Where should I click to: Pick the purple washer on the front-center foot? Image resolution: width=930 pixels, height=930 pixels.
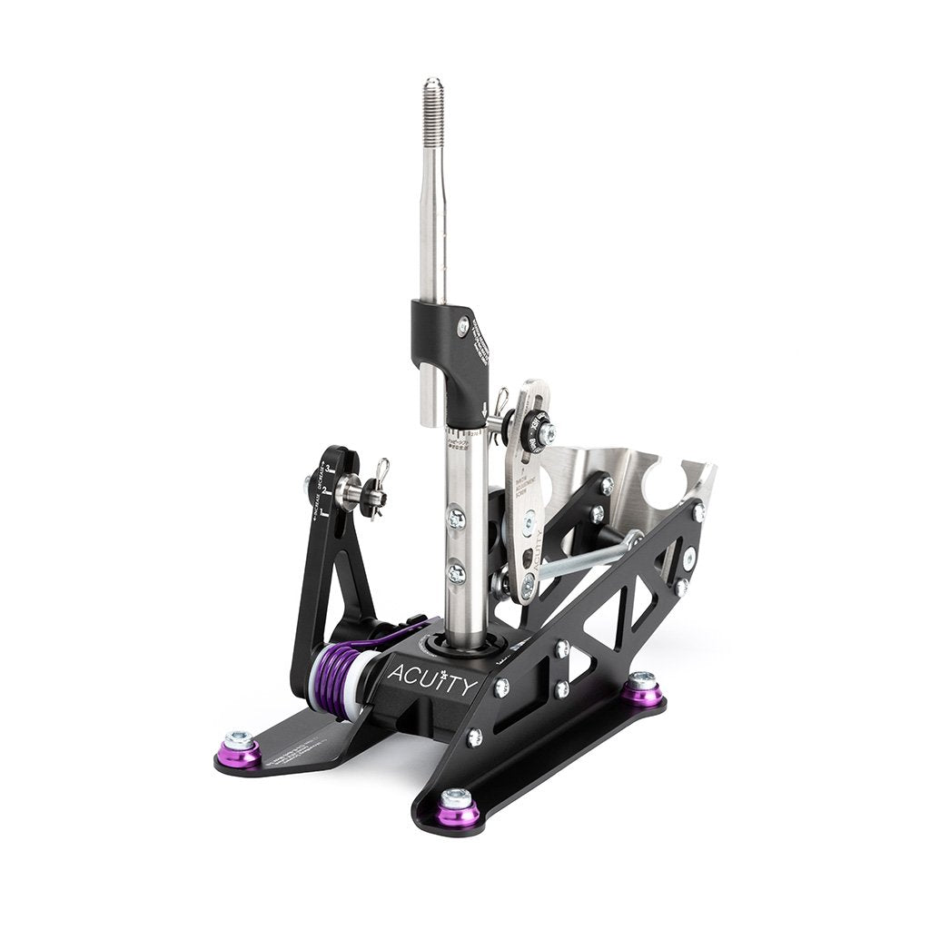tap(458, 808)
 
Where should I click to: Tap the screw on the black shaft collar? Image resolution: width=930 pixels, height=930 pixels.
tap(463, 325)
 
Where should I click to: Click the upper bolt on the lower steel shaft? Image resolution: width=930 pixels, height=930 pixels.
tap(457, 519)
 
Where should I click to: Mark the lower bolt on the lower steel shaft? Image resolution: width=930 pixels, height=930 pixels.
tap(457, 574)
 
